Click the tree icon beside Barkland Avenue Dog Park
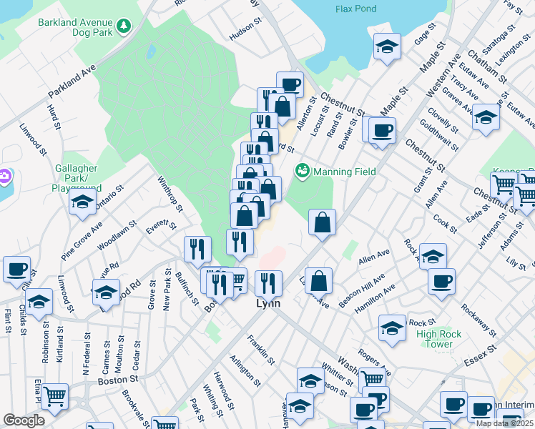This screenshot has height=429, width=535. (125, 26)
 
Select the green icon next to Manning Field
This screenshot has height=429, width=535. (303, 172)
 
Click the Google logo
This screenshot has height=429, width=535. (24, 420)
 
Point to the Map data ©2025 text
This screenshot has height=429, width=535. (504, 423)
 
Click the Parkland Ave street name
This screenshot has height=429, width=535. (72, 83)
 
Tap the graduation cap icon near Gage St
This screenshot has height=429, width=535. (387, 49)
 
